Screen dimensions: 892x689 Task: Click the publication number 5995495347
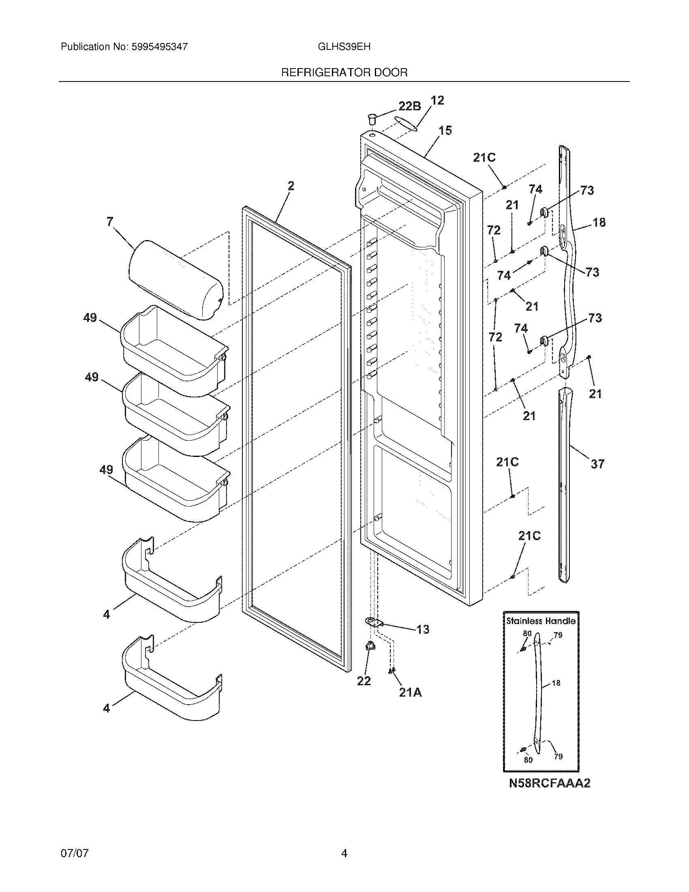(159, 47)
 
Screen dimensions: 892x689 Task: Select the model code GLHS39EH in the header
(344, 47)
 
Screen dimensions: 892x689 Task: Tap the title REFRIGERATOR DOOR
(344, 73)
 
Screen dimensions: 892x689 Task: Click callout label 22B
(409, 106)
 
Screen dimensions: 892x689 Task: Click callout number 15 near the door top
(445, 131)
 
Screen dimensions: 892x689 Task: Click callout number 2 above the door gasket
(290, 186)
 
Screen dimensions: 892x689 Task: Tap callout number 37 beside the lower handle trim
(597, 464)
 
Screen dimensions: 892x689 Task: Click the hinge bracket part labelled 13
(374, 622)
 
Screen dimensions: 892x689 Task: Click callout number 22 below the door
(364, 681)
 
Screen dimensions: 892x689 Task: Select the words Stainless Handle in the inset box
(541, 621)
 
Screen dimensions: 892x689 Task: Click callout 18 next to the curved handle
(599, 223)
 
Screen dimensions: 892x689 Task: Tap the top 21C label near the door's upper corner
(484, 158)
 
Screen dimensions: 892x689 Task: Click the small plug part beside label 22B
(372, 120)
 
